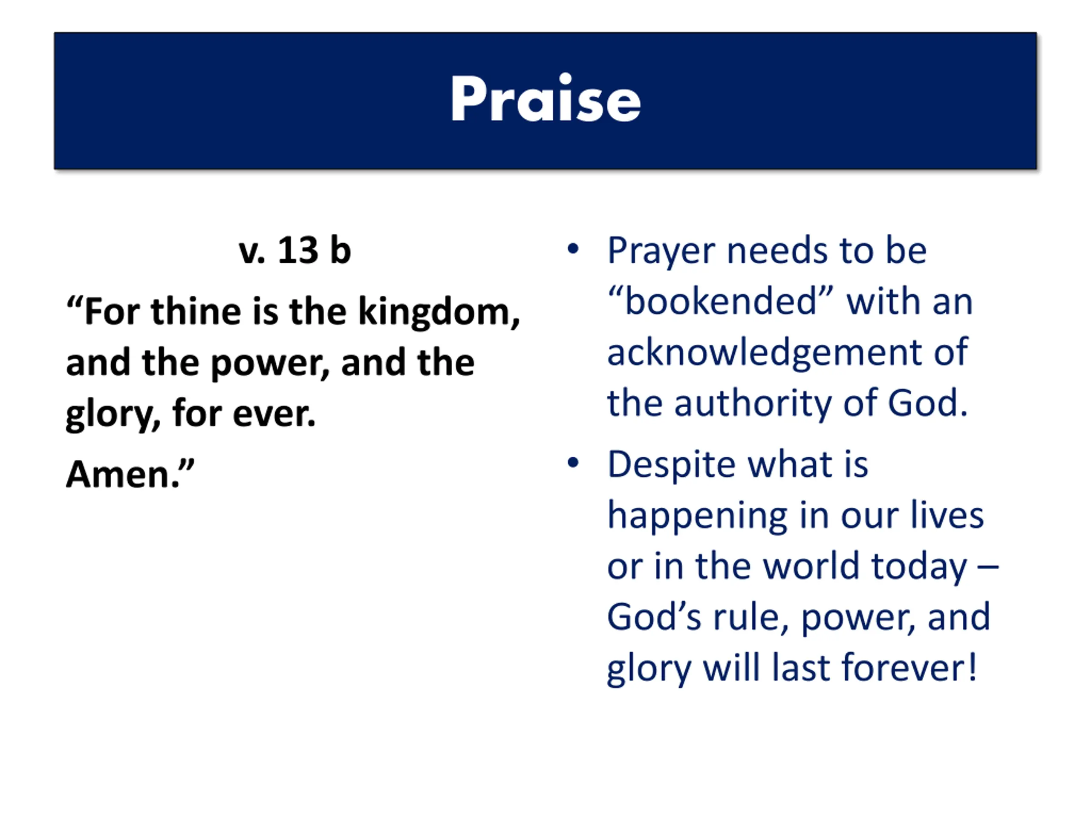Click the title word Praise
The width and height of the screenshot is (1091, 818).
tap(545, 98)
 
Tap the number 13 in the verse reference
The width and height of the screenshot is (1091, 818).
tap(298, 251)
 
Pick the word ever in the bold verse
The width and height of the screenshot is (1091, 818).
tap(274, 415)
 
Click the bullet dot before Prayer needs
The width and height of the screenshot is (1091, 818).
tap(573, 248)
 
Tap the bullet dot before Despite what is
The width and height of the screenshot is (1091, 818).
tap(573, 463)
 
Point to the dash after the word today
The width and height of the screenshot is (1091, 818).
tap(988, 567)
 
